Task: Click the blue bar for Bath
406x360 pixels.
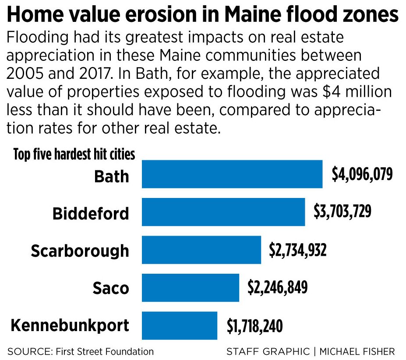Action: point(232,174)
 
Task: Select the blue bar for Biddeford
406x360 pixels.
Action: point(223,212)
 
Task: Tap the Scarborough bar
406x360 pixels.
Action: point(201,250)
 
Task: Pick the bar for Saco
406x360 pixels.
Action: point(191,288)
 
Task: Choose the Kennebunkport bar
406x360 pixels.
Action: point(180,325)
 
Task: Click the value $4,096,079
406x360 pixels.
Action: point(362,174)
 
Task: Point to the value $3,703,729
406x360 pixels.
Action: point(342,212)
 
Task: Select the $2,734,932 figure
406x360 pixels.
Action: point(297,250)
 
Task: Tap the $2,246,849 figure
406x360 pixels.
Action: point(277,288)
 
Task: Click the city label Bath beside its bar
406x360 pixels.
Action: point(112,176)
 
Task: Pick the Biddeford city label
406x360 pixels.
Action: point(91,214)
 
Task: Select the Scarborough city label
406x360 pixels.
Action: point(80,251)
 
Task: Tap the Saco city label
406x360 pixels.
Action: point(111,289)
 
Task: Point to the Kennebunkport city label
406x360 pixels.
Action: point(70,326)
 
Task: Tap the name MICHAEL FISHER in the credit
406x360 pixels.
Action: point(357,351)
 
